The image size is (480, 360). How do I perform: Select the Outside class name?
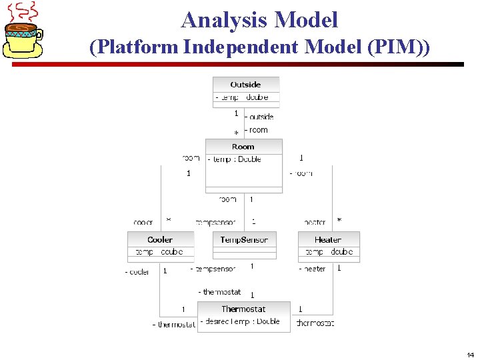245,85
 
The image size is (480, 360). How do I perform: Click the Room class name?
243,147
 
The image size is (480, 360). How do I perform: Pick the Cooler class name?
160,239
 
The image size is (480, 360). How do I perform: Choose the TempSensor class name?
244,239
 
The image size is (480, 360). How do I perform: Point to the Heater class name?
328,239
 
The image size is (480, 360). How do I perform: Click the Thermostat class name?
243,309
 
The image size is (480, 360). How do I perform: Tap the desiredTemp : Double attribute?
241,321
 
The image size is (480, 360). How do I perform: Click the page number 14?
470,355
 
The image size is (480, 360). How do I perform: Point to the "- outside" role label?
259,117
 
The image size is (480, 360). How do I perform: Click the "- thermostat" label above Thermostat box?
220,292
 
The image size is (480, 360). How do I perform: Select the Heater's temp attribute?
329,252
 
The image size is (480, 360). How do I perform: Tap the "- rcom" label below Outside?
257,130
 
